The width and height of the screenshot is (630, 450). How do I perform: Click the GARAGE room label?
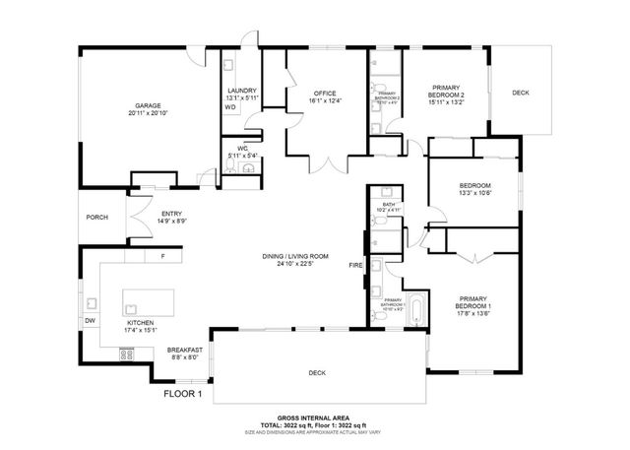(x=148, y=105)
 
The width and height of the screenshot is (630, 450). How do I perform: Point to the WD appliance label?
(x=230, y=107)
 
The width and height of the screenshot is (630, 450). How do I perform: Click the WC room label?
(x=240, y=147)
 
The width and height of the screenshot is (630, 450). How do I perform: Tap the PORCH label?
(x=96, y=218)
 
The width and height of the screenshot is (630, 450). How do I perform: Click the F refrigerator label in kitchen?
(x=164, y=257)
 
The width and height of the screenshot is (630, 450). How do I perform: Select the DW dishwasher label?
(x=90, y=320)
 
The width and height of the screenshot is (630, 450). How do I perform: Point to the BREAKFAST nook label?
(x=184, y=351)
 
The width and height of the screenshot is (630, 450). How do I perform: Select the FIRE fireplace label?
(x=355, y=266)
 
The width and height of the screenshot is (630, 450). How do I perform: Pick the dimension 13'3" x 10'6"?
(x=475, y=194)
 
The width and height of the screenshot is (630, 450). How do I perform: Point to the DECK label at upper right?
(x=521, y=94)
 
